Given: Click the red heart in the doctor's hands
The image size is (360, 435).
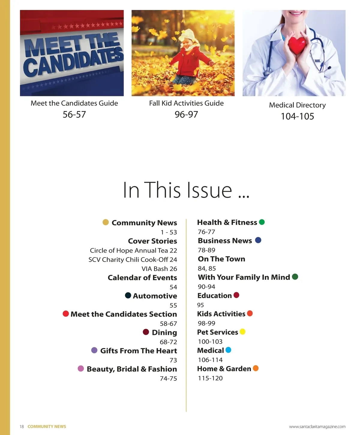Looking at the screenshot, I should (297, 44).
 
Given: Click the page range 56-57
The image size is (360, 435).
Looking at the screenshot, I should (74, 115).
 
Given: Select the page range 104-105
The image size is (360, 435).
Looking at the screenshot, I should (297, 116).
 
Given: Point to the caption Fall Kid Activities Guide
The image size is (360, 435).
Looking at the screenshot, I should (186, 103).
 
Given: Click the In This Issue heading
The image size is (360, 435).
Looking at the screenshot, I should (186, 190).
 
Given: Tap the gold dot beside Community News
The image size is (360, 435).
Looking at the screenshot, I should (106, 222).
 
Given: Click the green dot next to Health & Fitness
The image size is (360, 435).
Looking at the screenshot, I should (262, 222).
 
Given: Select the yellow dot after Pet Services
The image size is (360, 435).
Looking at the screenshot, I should (242, 331).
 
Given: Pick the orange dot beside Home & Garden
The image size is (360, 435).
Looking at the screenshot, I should (256, 368).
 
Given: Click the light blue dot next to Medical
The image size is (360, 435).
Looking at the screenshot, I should (228, 350).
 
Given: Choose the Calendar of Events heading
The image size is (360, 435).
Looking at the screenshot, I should (142, 278).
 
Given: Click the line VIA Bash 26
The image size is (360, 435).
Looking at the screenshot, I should (159, 269).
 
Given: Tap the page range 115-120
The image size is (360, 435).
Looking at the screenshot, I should (210, 378).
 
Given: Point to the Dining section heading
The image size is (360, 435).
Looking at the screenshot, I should (164, 332).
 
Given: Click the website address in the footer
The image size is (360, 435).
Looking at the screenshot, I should (317, 427).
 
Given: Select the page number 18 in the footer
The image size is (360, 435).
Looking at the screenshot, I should (22, 427).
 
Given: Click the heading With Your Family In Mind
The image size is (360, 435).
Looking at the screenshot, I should (244, 277).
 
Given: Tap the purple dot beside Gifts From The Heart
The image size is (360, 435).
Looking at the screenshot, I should (94, 350).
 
